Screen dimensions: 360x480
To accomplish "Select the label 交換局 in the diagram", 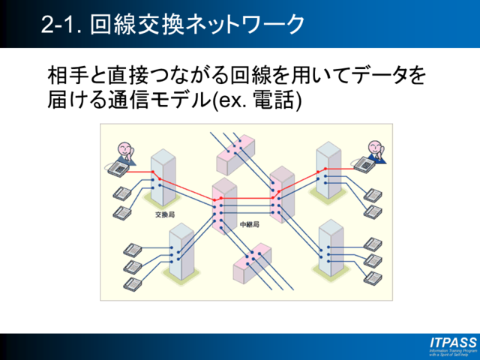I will tap(164, 214).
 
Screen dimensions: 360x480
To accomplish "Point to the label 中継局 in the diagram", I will tap(248, 224).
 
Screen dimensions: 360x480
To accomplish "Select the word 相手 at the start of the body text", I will tap(64, 76).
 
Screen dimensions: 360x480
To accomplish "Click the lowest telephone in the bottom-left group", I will tap(132, 284).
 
